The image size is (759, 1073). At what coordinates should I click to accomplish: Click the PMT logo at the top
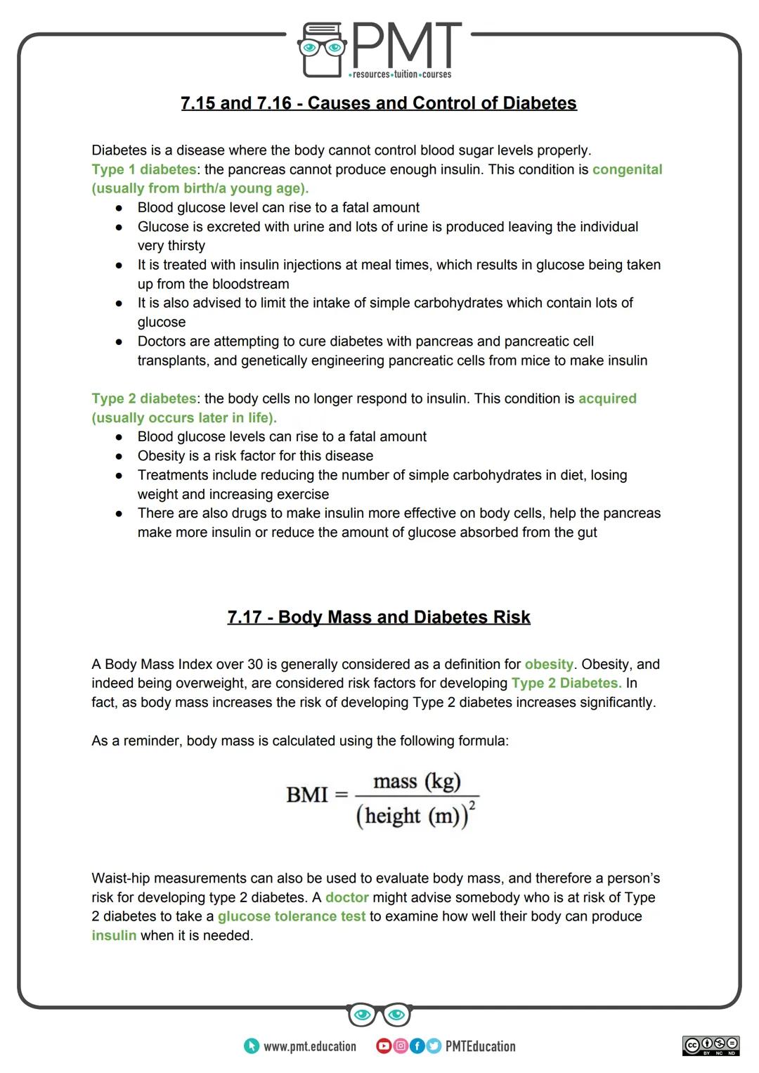click(x=379, y=49)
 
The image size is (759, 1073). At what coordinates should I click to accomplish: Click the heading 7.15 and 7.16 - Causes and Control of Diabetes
click(x=379, y=103)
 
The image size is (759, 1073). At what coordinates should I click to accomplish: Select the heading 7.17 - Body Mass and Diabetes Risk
click(x=379, y=618)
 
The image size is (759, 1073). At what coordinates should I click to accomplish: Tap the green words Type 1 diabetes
click(x=144, y=169)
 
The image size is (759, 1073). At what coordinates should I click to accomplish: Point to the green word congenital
click(x=627, y=169)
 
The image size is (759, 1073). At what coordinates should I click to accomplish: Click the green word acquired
click(x=607, y=398)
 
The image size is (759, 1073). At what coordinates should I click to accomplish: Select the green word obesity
click(x=549, y=664)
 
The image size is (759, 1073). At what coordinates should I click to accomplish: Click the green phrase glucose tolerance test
click(x=292, y=916)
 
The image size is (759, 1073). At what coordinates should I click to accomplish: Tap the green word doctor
click(x=347, y=897)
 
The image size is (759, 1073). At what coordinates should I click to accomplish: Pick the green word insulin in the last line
click(x=114, y=935)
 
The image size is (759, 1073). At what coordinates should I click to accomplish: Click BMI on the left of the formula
click(x=307, y=795)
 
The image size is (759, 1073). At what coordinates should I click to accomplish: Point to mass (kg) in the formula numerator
click(x=417, y=781)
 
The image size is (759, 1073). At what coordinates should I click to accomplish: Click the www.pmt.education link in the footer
click(x=309, y=1046)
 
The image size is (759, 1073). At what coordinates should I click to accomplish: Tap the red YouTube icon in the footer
click(x=384, y=1046)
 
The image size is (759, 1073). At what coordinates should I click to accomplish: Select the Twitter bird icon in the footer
click(x=433, y=1046)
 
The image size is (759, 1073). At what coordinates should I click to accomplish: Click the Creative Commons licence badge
click(x=711, y=1046)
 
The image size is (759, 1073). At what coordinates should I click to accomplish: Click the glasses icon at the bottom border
click(x=379, y=1015)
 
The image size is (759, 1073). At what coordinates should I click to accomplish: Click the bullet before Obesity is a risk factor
click(x=120, y=456)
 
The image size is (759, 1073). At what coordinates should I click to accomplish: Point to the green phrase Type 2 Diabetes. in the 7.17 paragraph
click(x=566, y=683)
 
